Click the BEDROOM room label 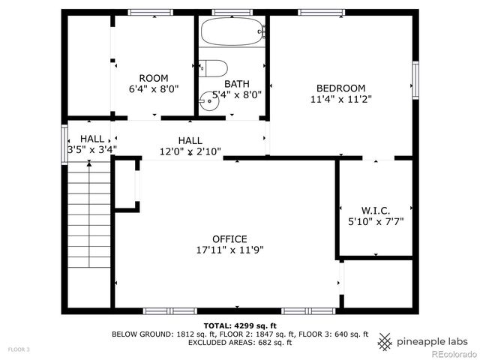(x=340, y=88)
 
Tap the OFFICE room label (x=229, y=239)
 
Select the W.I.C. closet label (x=375, y=211)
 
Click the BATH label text (x=236, y=84)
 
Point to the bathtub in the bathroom (x=232, y=31)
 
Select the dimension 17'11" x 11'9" (x=229, y=250)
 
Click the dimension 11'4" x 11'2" (x=340, y=98)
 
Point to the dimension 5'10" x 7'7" (x=375, y=222)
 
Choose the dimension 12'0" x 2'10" (x=190, y=151)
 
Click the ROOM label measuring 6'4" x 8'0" (x=154, y=78)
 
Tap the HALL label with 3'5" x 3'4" (x=92, y=139)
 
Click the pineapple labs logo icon (x=385, y=341)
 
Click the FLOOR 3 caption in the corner (x=19, y=349)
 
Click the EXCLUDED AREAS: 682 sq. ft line (x=240, y=343)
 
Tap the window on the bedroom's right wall (x=415, y=81)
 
